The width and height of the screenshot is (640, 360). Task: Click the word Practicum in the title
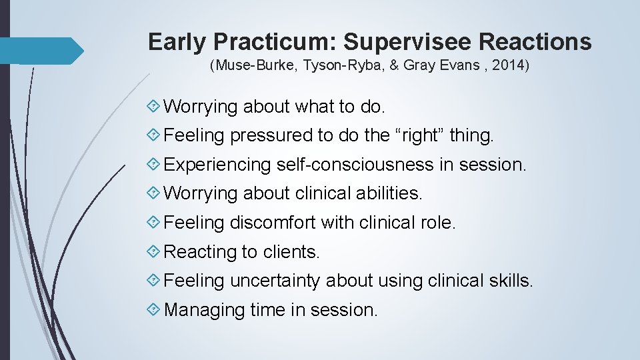tap(275, 42)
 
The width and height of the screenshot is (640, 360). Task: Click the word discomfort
tap(273, 223)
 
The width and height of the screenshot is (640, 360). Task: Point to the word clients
tap(291, 252)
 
